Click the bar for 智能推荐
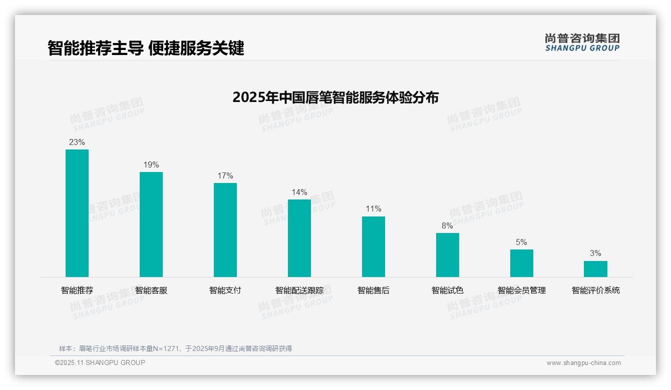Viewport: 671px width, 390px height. pyautogui.click(x=77, y=213)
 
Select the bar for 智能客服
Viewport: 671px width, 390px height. pyautogui.click(x=151, y=224)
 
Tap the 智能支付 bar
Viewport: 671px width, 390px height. pyautogui.click(x=225, y=230)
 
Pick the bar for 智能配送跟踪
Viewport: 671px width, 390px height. pyautogui.click(x=299, y=238)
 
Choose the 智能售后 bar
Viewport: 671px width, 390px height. pyautogui.click(x=374, y=246)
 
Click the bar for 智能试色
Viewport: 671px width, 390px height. pyautogui.click(x=448, y=255)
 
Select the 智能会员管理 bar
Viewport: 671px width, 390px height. pyautogui.click(x=522, y=263)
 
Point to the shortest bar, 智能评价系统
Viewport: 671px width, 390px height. pyautogui.click(x=595, y=269)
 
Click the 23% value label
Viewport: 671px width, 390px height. pyautogui.click(x=77, y=142)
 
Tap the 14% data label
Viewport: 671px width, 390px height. pyautogui.click(x=299, y=192)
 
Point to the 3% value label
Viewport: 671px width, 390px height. pyautogui.click(x=595, y=253)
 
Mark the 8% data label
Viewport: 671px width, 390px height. pyautogui.click(x=447, y=226)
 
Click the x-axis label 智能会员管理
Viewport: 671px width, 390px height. pyautogui.click(x=522, y=290)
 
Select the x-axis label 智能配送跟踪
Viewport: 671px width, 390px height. pyautogui.click(x=299, y=290)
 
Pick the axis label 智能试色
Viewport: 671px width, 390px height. pyautogui.click(x=448, y=290)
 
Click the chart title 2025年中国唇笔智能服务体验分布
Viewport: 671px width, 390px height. pyautogui.click(x=335, y=97)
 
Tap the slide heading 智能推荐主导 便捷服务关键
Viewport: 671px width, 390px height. pyautogui.click(x=146, y=48)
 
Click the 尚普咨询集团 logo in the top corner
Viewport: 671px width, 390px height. pyautogui.click(x=582, y=42)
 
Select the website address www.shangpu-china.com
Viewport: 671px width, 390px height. pyautogui.click(x=583, y=363)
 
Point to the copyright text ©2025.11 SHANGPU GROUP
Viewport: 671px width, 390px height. pyautogui.click(x=100, y=362)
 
